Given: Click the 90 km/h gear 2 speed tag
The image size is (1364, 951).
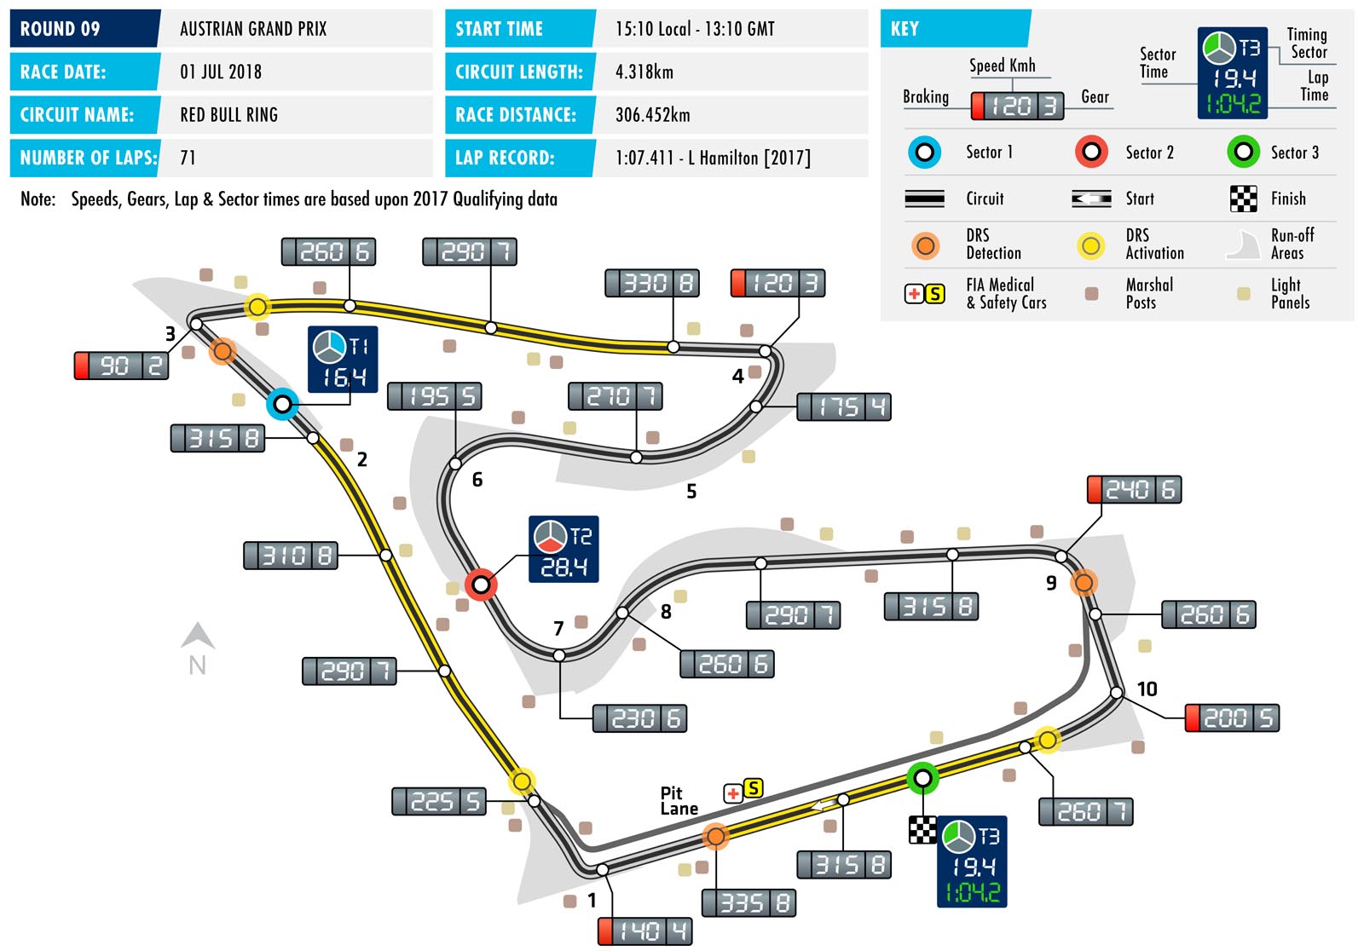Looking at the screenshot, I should [x=122, y=366].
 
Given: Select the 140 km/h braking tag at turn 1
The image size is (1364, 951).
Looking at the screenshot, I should [x=644, y=931].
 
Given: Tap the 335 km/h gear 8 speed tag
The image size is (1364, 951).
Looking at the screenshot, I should [x=748, y=903].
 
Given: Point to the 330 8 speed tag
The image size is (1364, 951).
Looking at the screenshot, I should [x=652, y=283].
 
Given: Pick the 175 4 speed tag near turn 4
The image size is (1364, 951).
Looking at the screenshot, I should [x=844, y=407].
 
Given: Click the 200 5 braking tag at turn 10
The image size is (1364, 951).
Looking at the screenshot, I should [x=1232, y=718].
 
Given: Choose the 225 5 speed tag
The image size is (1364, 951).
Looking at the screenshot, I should [x=439, y=801].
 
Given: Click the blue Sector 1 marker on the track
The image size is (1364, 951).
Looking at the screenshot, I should [x=282, y=403].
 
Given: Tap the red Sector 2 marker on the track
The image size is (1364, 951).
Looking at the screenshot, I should [x=481, y=585].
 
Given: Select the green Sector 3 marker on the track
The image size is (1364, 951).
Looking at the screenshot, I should [x=922, y=777].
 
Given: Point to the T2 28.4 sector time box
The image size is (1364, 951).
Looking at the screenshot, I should [x=564, y=550].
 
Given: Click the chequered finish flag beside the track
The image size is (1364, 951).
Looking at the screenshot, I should [x=922, y=829].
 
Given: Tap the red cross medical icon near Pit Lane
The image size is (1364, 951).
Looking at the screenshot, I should [x=732, y=793].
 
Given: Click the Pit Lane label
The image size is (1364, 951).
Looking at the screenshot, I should [x=679, y=801].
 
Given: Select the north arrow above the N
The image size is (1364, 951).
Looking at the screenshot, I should [x=198, y=636].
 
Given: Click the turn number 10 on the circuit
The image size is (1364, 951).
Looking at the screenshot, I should [x=1147, y=689].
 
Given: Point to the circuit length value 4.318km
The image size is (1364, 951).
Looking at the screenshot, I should [x=644, y=72].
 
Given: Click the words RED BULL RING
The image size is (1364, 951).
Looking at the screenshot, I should [x=228, y=115].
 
